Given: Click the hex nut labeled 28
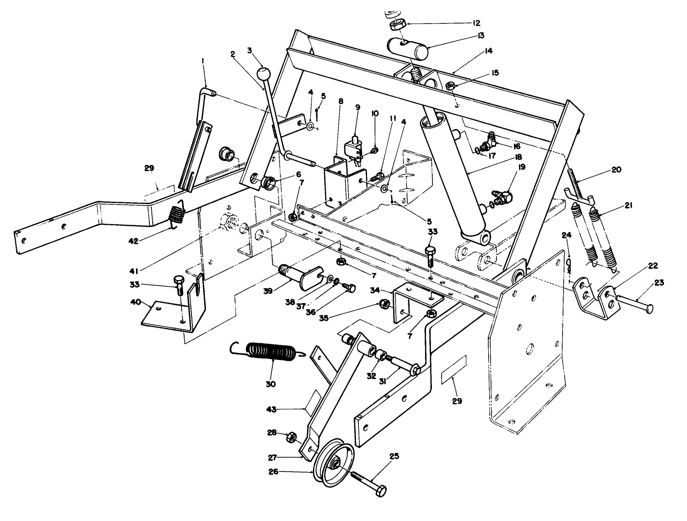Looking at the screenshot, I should (x=289, y=435).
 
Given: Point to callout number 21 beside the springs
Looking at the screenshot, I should (x=629, y=206).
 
